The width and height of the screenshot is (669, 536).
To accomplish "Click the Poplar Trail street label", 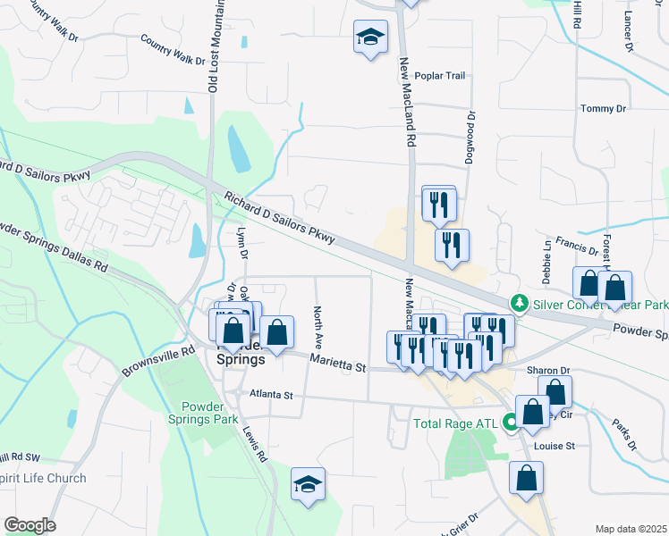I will click(x=448, y=77).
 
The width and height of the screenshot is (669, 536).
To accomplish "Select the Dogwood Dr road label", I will click(x=470, y=138).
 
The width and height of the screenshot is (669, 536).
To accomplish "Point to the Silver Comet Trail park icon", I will click(x=518, y=305).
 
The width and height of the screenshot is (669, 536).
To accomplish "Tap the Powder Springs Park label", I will click(x=203, y=412).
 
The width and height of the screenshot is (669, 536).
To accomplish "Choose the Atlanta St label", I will click(x=271, y=394).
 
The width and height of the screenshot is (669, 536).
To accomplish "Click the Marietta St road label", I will click(x=338, y=363).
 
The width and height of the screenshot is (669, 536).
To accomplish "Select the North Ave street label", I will click(x=318, y=327).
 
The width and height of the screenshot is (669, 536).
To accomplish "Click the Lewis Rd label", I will click(x=254, y=442).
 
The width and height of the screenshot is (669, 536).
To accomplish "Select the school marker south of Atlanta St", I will click(x=309, y=485).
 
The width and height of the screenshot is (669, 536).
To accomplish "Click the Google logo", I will click(x=30, y=525).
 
